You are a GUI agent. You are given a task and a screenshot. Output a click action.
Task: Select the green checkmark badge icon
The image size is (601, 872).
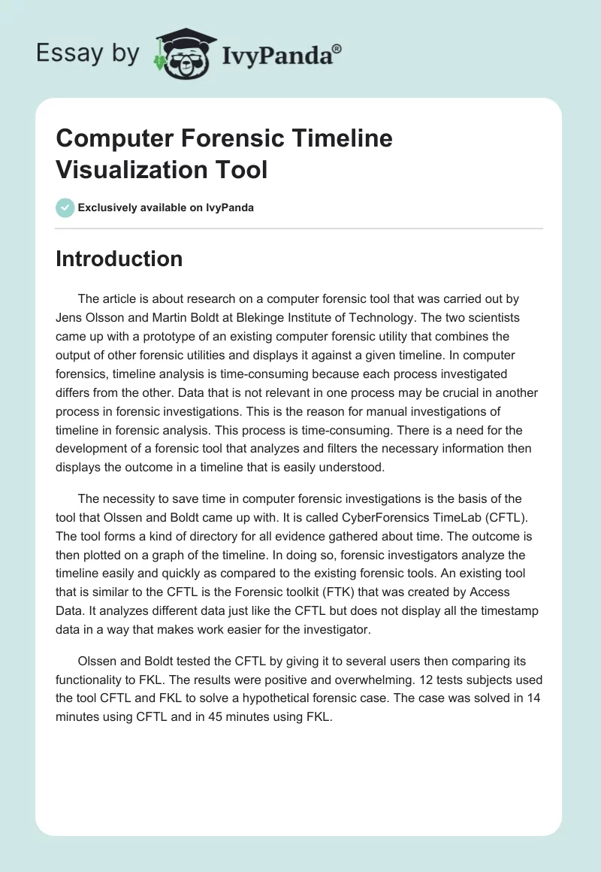pyautogui.click(x=65, y=207)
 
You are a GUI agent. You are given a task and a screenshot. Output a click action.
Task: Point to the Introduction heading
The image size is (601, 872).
pyautogui.click(x=119, y=259)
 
